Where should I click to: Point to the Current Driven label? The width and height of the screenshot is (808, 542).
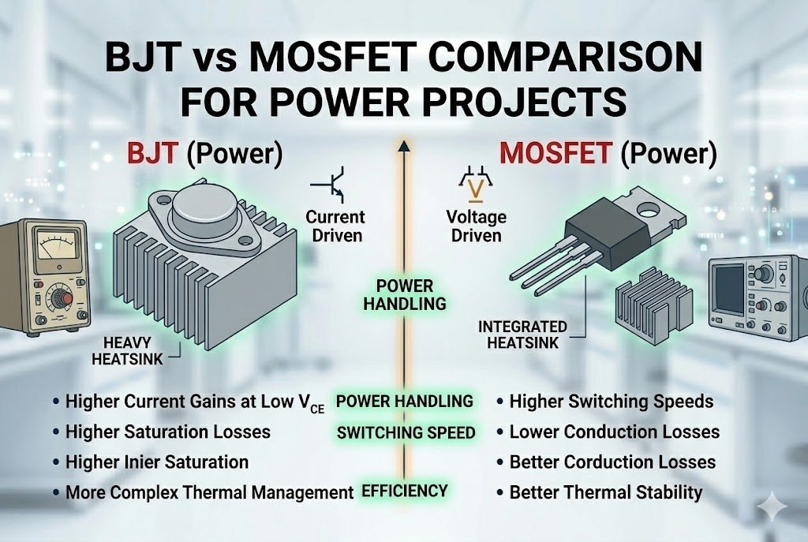coord(335,225)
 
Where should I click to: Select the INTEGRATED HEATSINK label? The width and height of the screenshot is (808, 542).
coord(522,334)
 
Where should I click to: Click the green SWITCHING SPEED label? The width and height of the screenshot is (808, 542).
coord(406,432)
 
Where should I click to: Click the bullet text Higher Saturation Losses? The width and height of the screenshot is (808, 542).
coord(167,432)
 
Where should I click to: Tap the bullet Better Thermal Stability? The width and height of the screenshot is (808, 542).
coord(605,493)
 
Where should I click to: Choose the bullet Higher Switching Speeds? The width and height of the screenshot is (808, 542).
coord(611,402)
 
